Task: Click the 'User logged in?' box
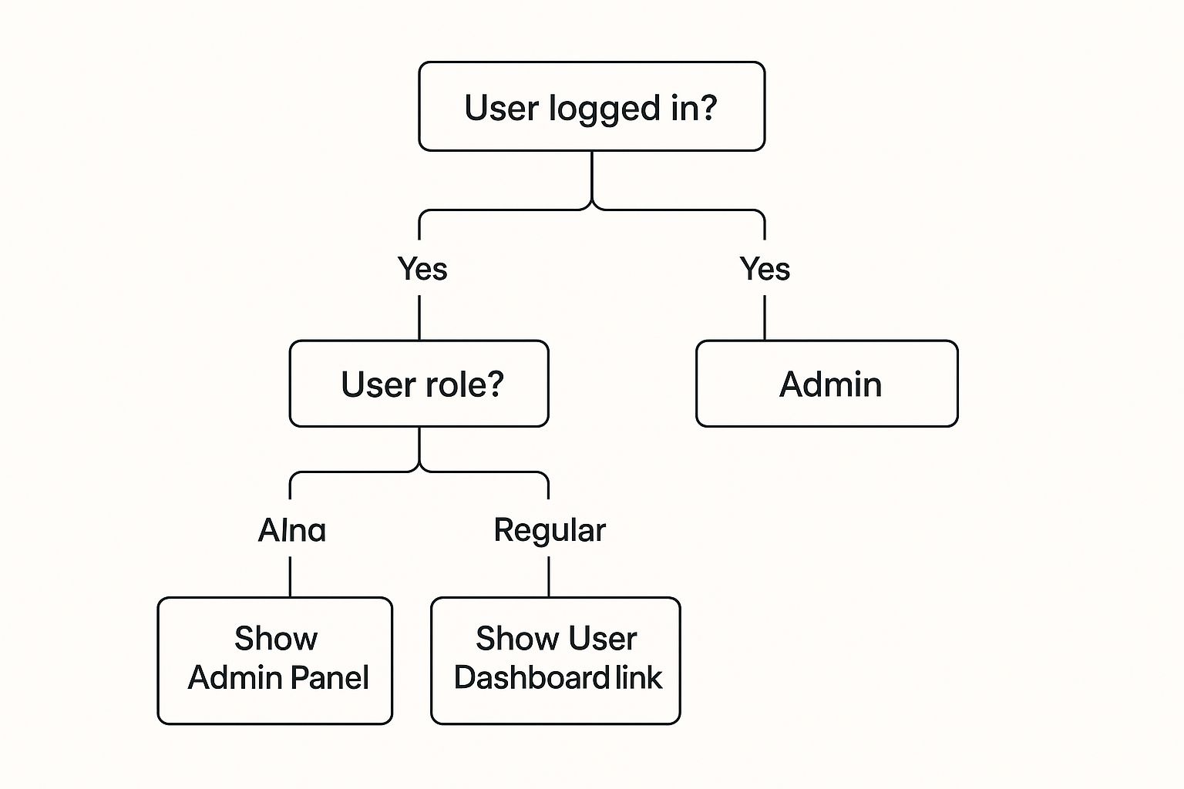[x=591, y=106]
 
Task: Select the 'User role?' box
[x=419, y=384]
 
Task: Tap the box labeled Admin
[x=826, y=384]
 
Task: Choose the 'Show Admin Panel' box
[x=275, y=660]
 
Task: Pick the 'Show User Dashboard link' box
[x=555, y=660]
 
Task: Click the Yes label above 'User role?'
[x=422, y=269]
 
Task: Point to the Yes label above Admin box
[x=764, y=269]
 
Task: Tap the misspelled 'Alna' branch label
[x=291, y=530]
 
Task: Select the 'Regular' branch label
[x=549, y=530]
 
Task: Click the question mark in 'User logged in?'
[x=707, y=107]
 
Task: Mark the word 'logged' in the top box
[x=606, y=109]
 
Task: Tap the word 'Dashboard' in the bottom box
[x=532, y=678]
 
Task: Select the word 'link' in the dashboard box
[x=639, y=678]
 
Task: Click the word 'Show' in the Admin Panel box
[x=275, y=639]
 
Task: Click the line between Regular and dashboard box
[x=548, y=576]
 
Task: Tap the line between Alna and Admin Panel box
[x=290, y=576]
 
